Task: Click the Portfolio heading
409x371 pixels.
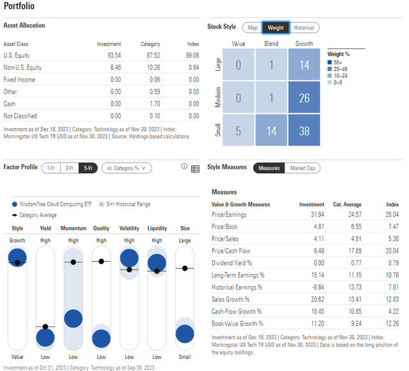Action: coord(19,6)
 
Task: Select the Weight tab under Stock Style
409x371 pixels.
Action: coord(275,27)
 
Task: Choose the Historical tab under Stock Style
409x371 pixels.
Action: coord(304,27)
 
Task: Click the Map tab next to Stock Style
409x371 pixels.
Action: coord(252,27)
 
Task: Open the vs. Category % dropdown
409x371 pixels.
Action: coord(127,168)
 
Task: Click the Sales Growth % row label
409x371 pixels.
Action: coord(230,299)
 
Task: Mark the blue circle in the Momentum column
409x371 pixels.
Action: coord(73,319)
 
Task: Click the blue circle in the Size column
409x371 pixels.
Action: coord(185,333)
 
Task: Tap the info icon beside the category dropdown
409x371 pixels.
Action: coord(184,168)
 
